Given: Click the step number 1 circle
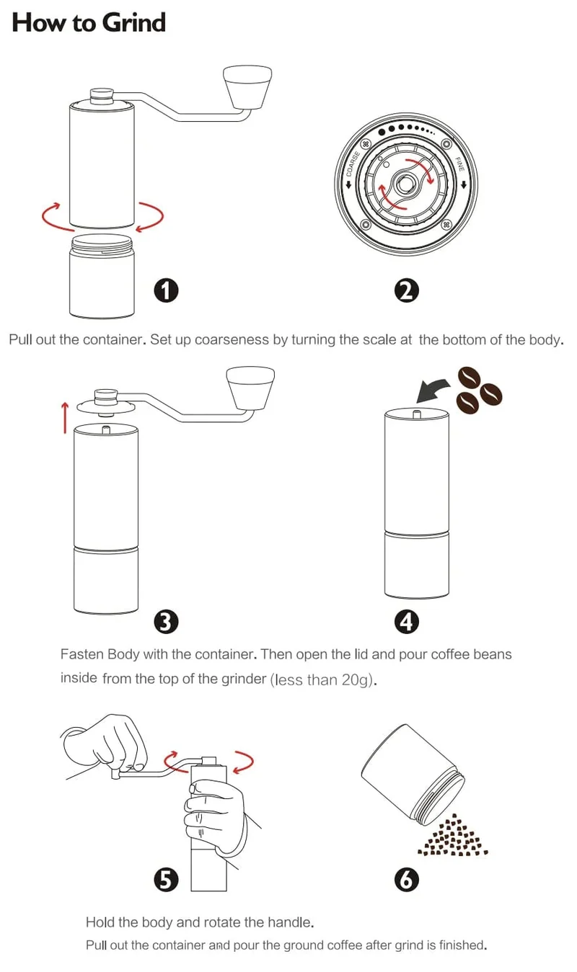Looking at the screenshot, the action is pyautogui.click(x=166, y=290).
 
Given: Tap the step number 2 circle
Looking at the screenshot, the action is pyautogui.click(x=407, y=290).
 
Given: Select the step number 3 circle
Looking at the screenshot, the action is pyautogui.click(x=166, y=622).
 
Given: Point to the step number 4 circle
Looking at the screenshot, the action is pyautogui.click(x=407, y=622).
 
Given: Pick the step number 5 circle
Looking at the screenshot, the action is pyautogui.click(x=166, y=880).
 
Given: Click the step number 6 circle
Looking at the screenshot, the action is pyautogui.click(x=407, y=880).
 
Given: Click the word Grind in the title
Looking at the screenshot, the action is pyautogui.click(x=136, y=22).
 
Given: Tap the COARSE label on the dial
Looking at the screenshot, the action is pyautogui.click(x=353, y=164).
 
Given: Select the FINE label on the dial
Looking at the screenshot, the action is pyautogui.click(x=459, y=164).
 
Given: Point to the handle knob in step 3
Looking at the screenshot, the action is pyautogui.click(x=251, y=388).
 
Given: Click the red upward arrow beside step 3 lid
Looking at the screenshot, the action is pyautogui.click(x=65, y=418).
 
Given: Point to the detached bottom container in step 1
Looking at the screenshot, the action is pyautogui.click(x=102, y=276).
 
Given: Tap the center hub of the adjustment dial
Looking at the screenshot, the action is pyautogui.click(x=406, y=184).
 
